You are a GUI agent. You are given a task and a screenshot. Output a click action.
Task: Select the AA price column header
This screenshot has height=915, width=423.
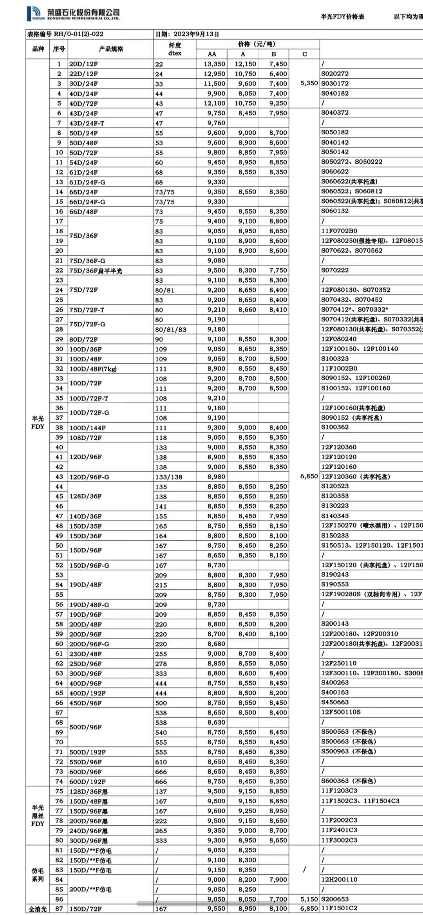[211, 54]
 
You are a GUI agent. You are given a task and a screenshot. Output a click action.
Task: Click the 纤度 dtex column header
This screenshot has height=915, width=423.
[175, 49]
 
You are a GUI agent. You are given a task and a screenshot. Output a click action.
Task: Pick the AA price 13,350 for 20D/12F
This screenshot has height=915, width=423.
[214, 64]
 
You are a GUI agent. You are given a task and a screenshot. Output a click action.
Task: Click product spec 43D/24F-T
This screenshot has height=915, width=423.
[87, 123]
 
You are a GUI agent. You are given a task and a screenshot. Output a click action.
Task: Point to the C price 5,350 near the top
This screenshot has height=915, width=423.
[309, 83]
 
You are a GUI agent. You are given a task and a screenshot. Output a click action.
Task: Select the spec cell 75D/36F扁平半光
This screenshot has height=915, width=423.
[96, 271]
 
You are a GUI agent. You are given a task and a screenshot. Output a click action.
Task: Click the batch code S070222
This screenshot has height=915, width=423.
[335, 270]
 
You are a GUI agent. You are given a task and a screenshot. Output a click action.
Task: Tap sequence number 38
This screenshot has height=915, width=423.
[59, 428]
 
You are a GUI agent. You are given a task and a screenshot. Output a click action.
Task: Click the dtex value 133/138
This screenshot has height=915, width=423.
[169, 477]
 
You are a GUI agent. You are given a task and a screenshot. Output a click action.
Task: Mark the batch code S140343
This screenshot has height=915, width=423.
[335, 516]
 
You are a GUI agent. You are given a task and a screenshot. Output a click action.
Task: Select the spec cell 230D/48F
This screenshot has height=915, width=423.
[85, 654]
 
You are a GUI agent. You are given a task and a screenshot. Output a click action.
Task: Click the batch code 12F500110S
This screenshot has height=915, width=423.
[341, 712]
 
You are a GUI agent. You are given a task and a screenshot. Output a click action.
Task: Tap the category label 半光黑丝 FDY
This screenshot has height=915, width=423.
[38, 816]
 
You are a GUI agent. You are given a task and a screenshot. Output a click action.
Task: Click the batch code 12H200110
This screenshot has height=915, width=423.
[339, 879]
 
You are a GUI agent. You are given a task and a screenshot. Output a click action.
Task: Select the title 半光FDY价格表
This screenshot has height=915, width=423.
[342, 16]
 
